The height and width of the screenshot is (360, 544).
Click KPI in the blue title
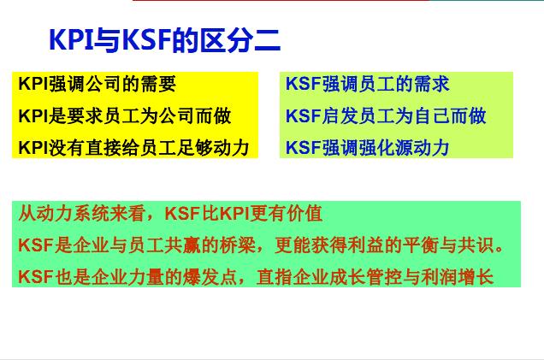[72, 40]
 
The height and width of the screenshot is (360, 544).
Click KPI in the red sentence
[235, 213]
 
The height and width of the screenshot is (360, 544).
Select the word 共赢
[182, 245]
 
